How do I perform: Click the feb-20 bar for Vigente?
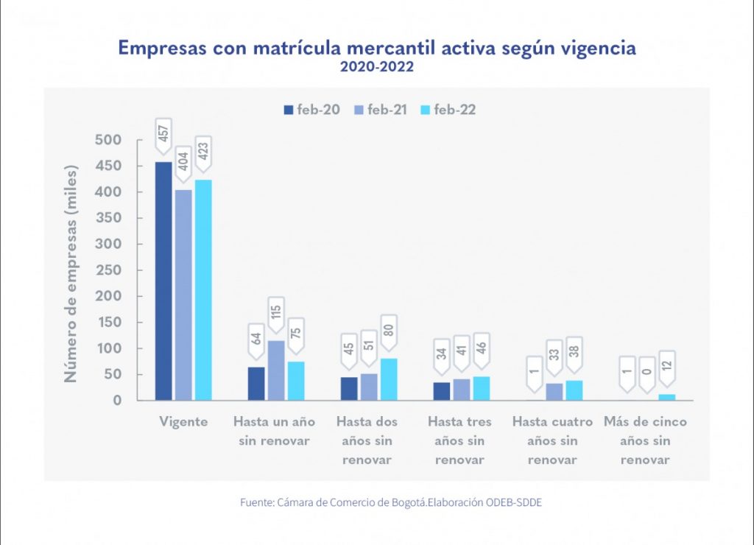163,281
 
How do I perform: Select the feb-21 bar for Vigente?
183,295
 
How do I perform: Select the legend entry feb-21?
381,110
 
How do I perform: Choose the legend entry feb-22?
448,110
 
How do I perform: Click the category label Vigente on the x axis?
183,422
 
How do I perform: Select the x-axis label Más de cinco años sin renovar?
645,440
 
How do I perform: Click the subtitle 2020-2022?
376,67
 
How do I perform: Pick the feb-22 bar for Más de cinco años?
666,397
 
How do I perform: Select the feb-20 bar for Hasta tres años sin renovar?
442,391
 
